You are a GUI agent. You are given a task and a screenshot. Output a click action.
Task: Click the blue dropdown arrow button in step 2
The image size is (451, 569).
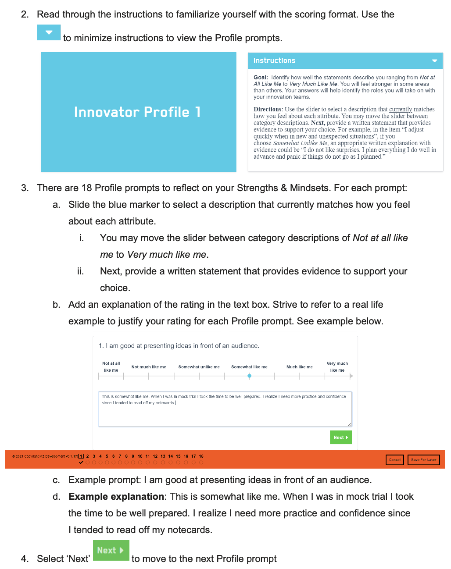[x=49, y=32]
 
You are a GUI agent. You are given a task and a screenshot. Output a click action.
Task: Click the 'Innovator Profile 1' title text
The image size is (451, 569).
[x=137, y=112]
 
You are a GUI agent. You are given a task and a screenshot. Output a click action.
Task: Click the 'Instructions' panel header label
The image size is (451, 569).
[x=274, y=60]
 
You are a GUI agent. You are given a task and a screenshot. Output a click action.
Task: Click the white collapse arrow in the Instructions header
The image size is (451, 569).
[x=434, y=61]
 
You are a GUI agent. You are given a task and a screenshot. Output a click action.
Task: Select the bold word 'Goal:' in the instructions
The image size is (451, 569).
[x=261, y=78]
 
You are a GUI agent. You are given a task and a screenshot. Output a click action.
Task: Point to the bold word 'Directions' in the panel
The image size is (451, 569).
[x=267, y=109]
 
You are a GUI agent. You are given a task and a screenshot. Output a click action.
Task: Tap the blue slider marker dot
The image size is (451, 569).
[x=249, y=376]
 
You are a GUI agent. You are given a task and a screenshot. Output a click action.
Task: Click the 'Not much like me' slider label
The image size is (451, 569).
[x=149, y=367]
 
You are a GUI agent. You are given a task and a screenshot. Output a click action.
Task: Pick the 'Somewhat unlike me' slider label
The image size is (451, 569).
[x=199, y=367]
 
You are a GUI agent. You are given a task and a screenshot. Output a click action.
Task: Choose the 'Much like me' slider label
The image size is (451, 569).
[x=299, y=367]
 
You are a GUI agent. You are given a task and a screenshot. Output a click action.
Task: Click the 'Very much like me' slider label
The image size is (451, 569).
[x=337, y=367]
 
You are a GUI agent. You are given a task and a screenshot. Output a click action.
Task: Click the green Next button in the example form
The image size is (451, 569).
[x=340, y=437]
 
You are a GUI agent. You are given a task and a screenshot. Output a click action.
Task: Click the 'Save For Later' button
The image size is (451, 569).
[x=423, y=460]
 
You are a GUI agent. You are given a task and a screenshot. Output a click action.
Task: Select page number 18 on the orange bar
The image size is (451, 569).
[x=201, y=456]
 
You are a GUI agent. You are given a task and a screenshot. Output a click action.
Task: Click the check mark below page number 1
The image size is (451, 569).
[x=81, y=462]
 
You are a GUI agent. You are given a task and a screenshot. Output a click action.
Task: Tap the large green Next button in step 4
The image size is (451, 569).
[x=111, y=550]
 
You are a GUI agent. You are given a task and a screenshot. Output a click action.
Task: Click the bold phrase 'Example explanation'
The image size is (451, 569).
[x=116, y=497]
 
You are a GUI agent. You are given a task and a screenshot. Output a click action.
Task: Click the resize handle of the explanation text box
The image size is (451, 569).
[x=350, y=424]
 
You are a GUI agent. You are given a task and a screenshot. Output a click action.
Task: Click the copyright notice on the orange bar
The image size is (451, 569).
[x=44, y=456]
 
